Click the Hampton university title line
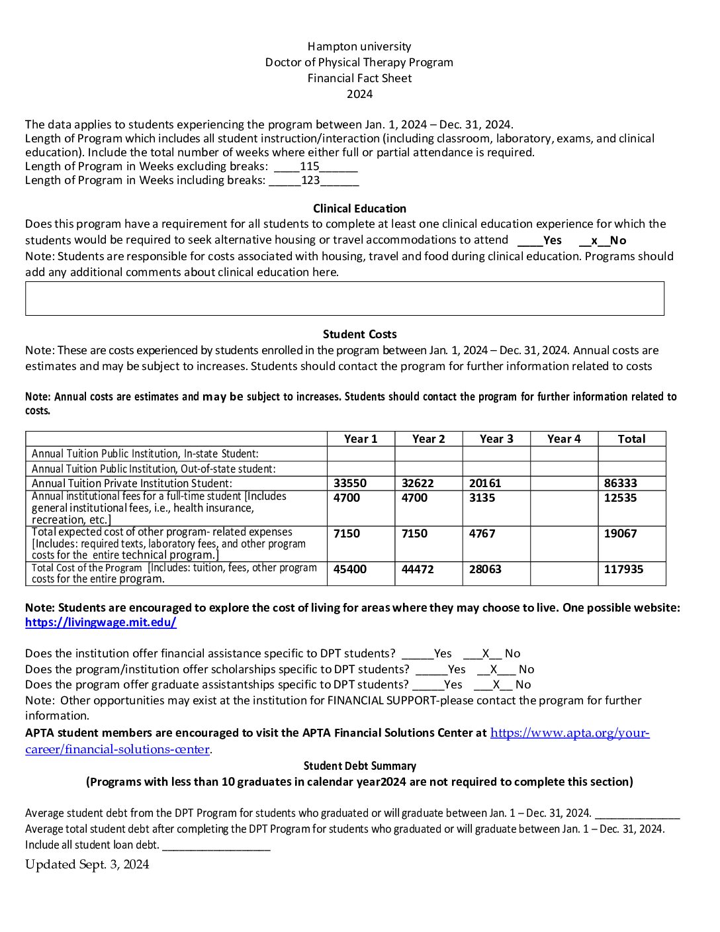click(359, 46)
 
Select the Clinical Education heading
click(359, 209)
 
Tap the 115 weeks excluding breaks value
click(310, 166)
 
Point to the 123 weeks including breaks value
click(310, 180)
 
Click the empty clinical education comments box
click(344, 299)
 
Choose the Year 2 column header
click(428, 439)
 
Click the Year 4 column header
click(564, 439)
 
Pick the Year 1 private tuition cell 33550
click(350, 483)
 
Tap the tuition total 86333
click(621, 483)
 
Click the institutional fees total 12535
click(620, 498)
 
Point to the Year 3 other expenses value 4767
click(482, 534)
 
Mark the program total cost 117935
click(623, 569)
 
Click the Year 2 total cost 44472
click(418, 569)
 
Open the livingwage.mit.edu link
click(101, 622)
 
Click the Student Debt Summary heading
click(359, 766)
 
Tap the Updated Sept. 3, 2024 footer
click(87, 864)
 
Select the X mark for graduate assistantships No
click(496, 684)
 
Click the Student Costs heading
click(359, 334)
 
